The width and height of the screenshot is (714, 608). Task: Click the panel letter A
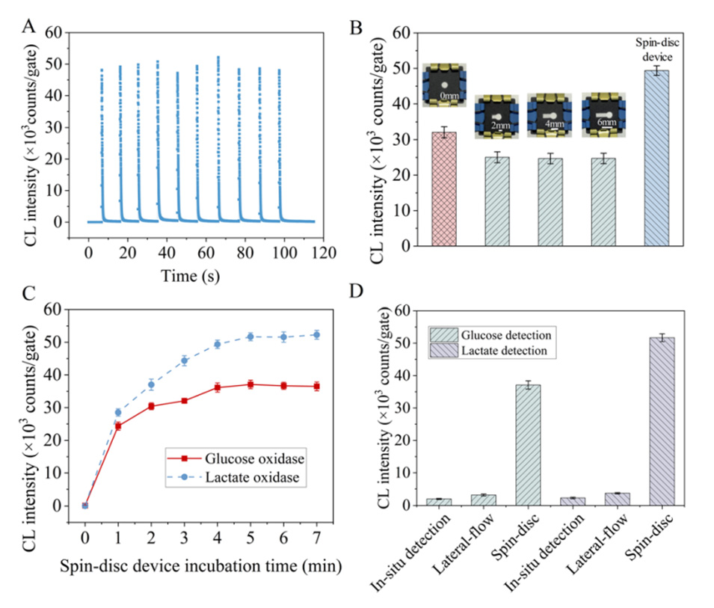pyautogui.click(x=29, y=28)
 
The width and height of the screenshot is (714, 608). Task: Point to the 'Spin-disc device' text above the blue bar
pyautogui.click(x=656, y=49)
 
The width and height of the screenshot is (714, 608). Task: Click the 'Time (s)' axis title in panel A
pyautogui.click(x=191, y=275)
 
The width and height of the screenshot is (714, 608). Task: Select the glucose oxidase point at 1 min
pyautogui.click(x=117, y=426)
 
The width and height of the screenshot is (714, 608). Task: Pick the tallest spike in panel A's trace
pyautogui.click(x=218, y=58)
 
